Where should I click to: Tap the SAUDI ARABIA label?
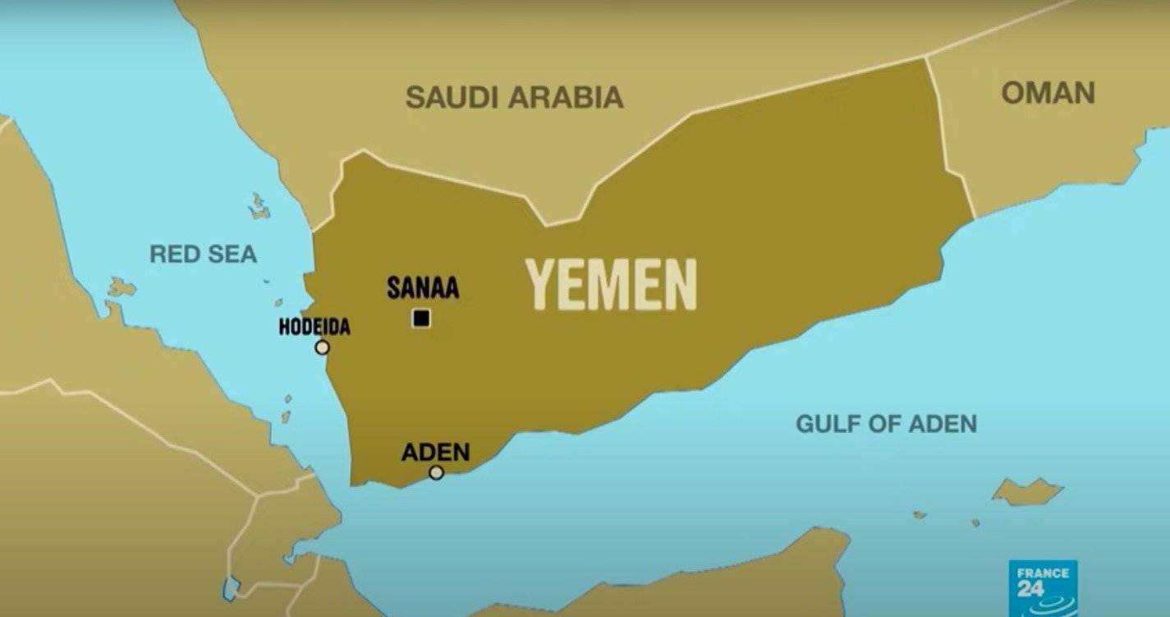coord(514,98)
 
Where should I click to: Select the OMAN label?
coord(1048,93)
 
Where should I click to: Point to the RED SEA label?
coord(203,254)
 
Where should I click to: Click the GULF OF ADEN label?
coord(886,425)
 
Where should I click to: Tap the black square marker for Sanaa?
coord(421,318)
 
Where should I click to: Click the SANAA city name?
coord(422,289)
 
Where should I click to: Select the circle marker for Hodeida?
coord(322,348)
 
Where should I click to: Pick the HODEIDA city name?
coord(314,327)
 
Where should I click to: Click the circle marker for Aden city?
coord(436,472)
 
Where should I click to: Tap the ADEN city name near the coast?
coord(435,452)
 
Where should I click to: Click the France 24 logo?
coord(1042,588)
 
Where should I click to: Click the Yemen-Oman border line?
coord(950,140)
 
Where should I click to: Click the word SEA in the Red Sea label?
coord(232,254)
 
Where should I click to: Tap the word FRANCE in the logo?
coord(1042,573)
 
